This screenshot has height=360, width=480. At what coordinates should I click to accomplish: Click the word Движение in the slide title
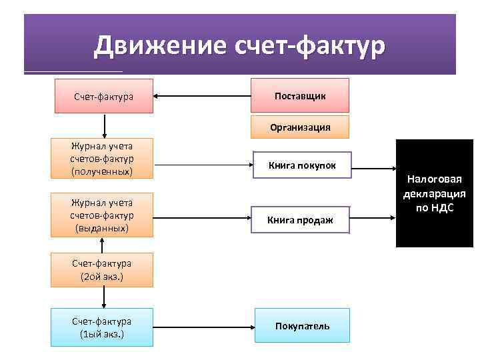point(161,46)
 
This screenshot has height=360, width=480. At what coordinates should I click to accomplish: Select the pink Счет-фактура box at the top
point(103,97)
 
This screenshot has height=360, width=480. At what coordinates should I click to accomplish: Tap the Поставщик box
point(300,96)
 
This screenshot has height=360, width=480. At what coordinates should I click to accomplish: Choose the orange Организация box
point(300,127)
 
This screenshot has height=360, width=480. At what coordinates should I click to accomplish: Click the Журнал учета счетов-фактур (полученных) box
point(103,159)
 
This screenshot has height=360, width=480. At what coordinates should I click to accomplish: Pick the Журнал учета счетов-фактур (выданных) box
point(103,215)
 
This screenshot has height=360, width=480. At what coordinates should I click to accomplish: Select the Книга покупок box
point(301,165)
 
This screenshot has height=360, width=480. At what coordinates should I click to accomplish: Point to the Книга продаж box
point(300,219)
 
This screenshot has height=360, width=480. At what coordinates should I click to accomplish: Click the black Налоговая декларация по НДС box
point(434,193)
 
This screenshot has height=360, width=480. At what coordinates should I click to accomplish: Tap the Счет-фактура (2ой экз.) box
point(103,269)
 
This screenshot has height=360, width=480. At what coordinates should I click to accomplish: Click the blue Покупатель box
point(301,326)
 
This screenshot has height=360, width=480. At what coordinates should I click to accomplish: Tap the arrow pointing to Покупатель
point(204,327)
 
